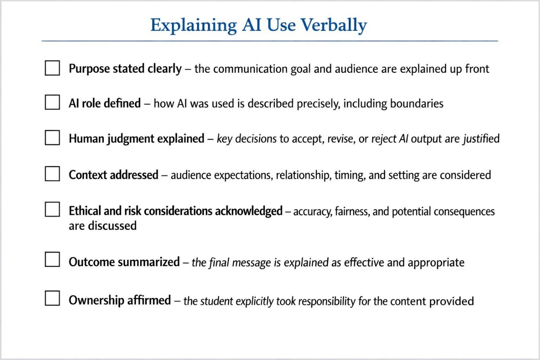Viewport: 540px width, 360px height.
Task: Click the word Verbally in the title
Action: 334,25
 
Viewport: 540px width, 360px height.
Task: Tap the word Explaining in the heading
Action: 193,25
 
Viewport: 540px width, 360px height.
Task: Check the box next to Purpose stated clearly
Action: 52,68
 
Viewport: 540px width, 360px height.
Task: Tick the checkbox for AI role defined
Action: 52,102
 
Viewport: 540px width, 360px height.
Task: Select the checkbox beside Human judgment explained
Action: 52,138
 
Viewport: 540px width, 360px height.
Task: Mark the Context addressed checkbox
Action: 52,173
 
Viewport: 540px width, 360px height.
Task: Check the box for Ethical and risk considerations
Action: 52,209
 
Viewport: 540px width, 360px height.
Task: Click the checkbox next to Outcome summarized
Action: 52,259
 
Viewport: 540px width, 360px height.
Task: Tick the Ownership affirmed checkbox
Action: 52,298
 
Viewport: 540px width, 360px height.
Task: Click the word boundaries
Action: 417,104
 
